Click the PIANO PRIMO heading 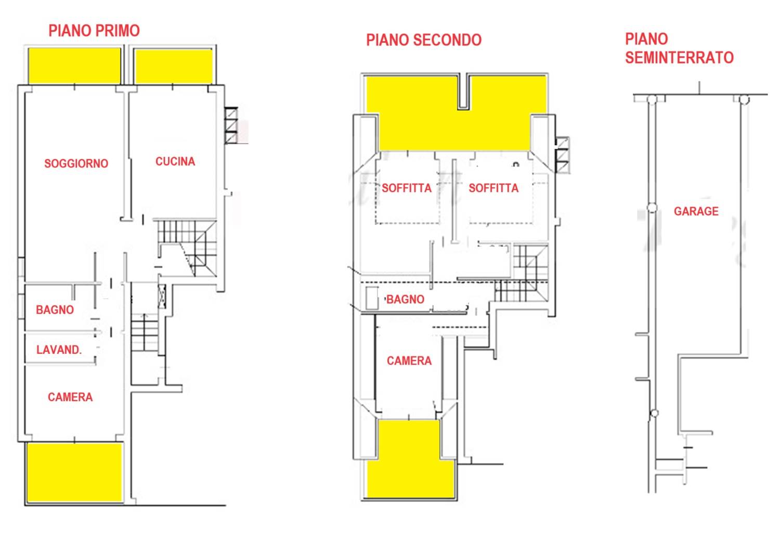click(x=94, y=31)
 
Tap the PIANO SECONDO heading click(x=424, y=40)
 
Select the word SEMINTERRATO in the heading click(x=679, y=58)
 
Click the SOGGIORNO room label click(x=76, y=163)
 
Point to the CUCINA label click(x=175, y=161)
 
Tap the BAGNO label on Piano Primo click(x=55, y=310)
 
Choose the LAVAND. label click(x=59, y=350)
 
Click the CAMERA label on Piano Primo click(x=70, y=397)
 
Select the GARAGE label click(x=696, y=211)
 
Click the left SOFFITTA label click(x=406, y=188)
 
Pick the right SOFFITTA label click(x=493, y=188)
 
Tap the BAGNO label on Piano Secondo click(x=405, y=299)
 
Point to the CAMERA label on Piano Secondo click(x=409, y=361)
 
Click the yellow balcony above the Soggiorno click(x=74, y=66)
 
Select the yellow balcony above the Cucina click(x=173, y=66)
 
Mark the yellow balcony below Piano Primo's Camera click(x=74, y=472)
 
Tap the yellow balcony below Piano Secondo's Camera click(x=411, y=459)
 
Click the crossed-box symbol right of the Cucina click(x=231, y=125)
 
